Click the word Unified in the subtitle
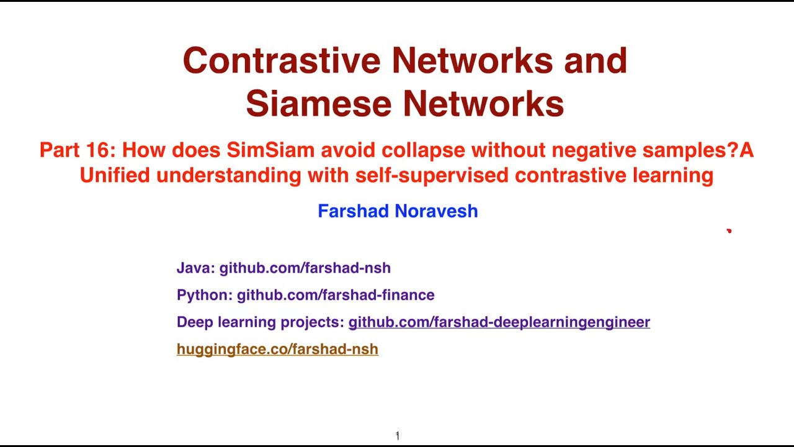click(x=115, y=176)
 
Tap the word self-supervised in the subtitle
click(x=432, y=176)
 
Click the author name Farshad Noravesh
click(x=398, y=211)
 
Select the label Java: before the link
click(x=195, y=268)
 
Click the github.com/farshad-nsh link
click(x=305, y=268)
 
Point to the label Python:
click(x=204, y=295)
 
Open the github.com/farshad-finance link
click(x=335, y=295)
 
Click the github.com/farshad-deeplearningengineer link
click(x=499, y=322)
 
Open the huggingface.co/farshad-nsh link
click(x=277, y=350)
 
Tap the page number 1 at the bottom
click(x=397, y=436)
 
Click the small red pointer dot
click(x=729, y=231)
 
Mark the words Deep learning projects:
click(x=260, y=322)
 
